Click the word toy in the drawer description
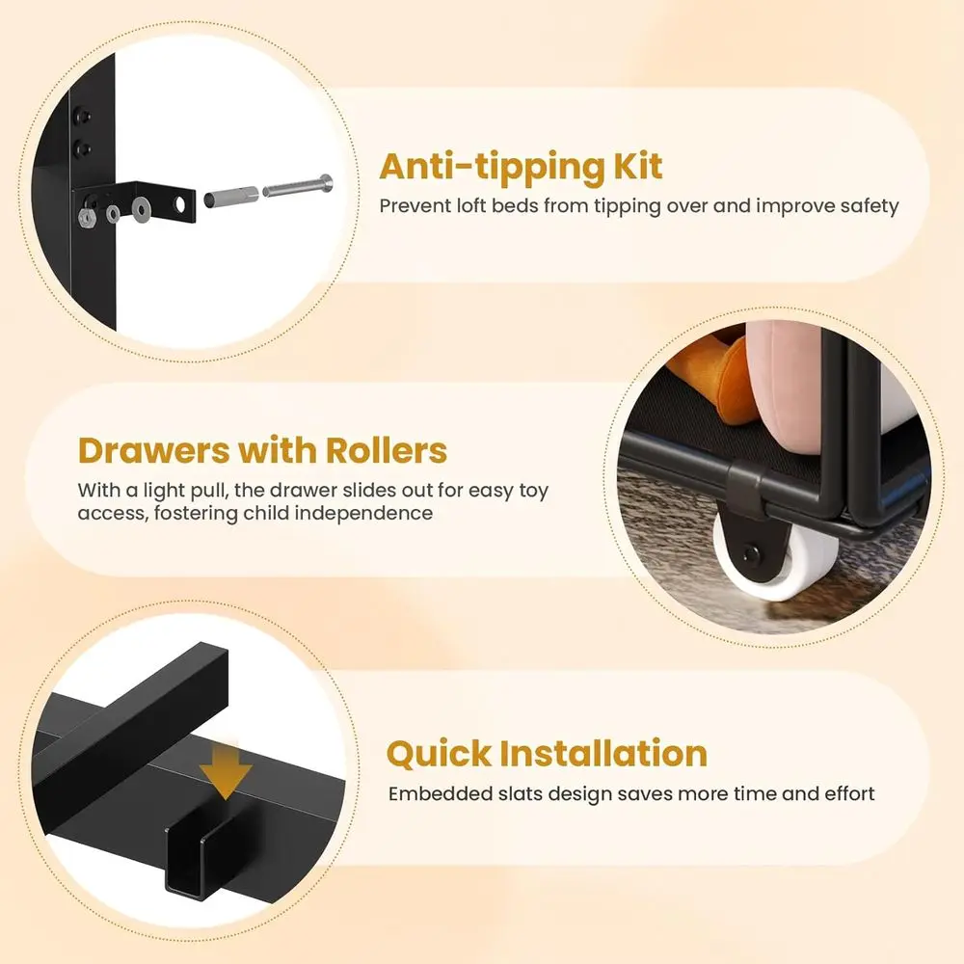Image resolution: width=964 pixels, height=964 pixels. point(533,490)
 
